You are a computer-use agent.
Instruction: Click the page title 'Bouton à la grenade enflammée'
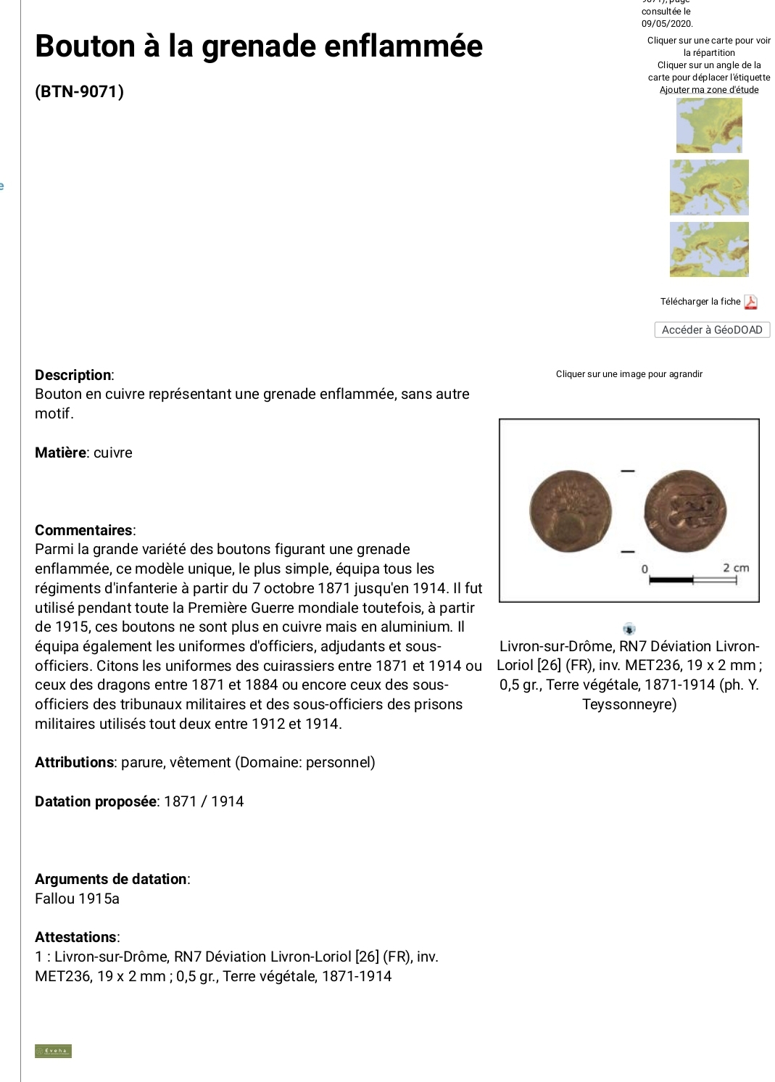tap(259, 46)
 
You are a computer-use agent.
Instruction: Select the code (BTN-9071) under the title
tap(79, 92)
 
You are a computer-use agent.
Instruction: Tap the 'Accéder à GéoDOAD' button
tap(712, 330)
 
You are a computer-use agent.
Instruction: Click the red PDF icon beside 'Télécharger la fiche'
tap(751, 302)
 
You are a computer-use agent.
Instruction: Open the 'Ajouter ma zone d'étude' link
tap(709, 90)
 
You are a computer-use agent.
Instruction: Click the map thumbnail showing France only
tap(709, 125)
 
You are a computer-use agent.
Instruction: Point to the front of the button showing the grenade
tap(571, 511)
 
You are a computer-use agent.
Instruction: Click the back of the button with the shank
tap(685, 511)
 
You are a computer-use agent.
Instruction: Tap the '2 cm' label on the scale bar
tap(735, 568)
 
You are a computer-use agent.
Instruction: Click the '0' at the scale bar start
tap(645, 569)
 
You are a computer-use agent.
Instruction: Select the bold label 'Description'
tap(73, 375)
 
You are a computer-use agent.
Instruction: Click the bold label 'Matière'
tap(60, 453)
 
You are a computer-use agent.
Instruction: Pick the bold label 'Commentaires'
tap(84, 530)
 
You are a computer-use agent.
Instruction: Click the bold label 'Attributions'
tap(74, 762)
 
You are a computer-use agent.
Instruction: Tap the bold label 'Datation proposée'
tap(95, 801)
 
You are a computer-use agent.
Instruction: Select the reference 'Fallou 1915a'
tap(77, 899)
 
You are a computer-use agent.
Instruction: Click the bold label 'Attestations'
tap(76, 937)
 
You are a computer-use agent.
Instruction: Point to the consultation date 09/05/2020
tap(667, 24)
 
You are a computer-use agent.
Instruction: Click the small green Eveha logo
tap(53, 1051)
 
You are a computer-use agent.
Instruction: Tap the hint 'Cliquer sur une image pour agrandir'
tap(629, 374)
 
